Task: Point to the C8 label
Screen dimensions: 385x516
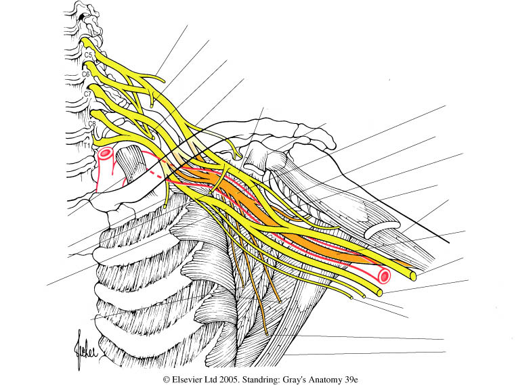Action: [x=91, y=124]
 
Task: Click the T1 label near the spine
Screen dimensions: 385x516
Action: [x=86, y=144]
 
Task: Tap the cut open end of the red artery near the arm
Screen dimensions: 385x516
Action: [x=385, y=276]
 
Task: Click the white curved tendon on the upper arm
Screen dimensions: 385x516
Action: [x=381, y=229]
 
